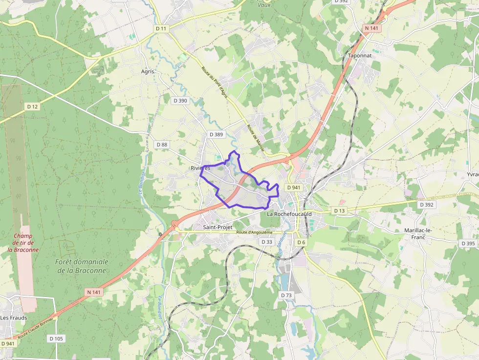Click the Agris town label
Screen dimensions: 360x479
[147, 71]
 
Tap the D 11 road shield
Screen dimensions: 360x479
[161, 29]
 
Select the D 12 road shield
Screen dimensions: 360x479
[33, 106]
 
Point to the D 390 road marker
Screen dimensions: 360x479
[180, 101]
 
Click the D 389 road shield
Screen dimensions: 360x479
[216, 134]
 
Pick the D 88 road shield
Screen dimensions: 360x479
[161, 145]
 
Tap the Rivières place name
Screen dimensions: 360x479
[200, 168]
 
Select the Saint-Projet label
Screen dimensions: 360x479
[217, 227]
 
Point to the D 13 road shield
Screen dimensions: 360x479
[339, 211]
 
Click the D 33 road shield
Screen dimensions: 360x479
[266, 242]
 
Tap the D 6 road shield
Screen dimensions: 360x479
[301, 242]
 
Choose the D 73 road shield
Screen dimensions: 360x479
[286, 296]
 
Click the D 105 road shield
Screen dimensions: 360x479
[56, 339]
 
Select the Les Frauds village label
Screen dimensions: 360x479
[14, 318]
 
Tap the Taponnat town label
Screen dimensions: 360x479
[360, 56]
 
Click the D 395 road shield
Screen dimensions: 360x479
[468, 243]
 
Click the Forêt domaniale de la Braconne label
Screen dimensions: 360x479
[82, 266]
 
